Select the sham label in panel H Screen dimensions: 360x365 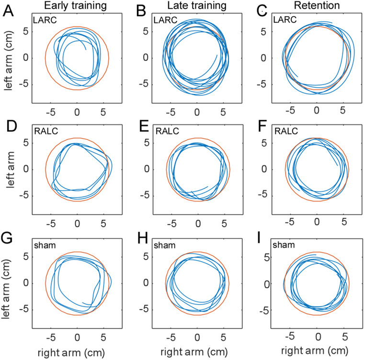coord(162,246)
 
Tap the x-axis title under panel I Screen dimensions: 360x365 coord(316,353)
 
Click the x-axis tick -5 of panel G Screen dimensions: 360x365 coord(51,336)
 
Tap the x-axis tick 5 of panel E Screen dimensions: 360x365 coord(223,222)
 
